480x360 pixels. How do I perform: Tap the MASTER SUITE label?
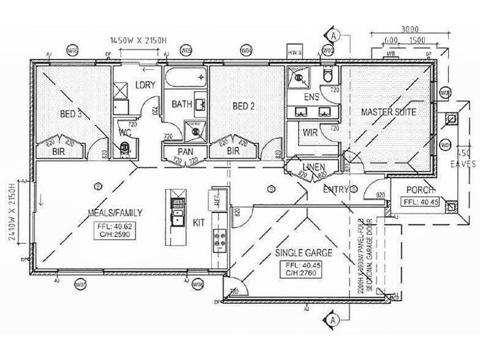[388, 112]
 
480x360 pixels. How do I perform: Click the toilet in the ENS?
[328, 74]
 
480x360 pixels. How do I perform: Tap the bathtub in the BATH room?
[185, 80]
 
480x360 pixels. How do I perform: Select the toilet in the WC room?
[125, 147]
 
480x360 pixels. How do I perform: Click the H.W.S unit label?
[295, 53]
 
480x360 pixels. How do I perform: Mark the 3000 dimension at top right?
[410, 28]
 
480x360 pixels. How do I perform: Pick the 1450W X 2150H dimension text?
[139, 41]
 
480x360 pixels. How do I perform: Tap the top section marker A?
[334, 36]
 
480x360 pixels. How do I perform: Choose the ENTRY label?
[336, 190]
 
